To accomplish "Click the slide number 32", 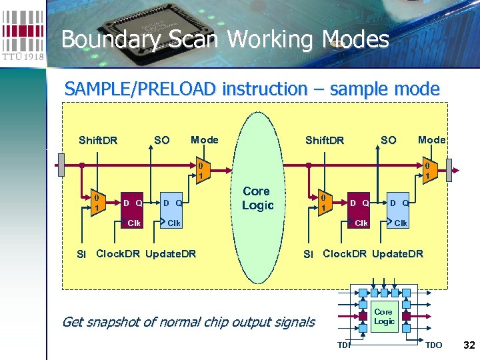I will (469, 345).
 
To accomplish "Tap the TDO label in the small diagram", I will (433, 345).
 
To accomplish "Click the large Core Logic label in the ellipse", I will (257, 198).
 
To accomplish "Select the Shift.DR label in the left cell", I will (98, 140).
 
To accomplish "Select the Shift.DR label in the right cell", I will (325, 140).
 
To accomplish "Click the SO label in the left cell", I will (161, 140).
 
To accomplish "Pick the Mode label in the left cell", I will (204, 139).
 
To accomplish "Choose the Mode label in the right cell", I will (431, 139).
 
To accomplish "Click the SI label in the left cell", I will (81, 254).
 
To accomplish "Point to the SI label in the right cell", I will (308, 254).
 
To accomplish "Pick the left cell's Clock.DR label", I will (119, 253).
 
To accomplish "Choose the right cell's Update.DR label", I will (397, 253).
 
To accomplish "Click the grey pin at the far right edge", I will (449, 165).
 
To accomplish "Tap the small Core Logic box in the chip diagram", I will (383, 316).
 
